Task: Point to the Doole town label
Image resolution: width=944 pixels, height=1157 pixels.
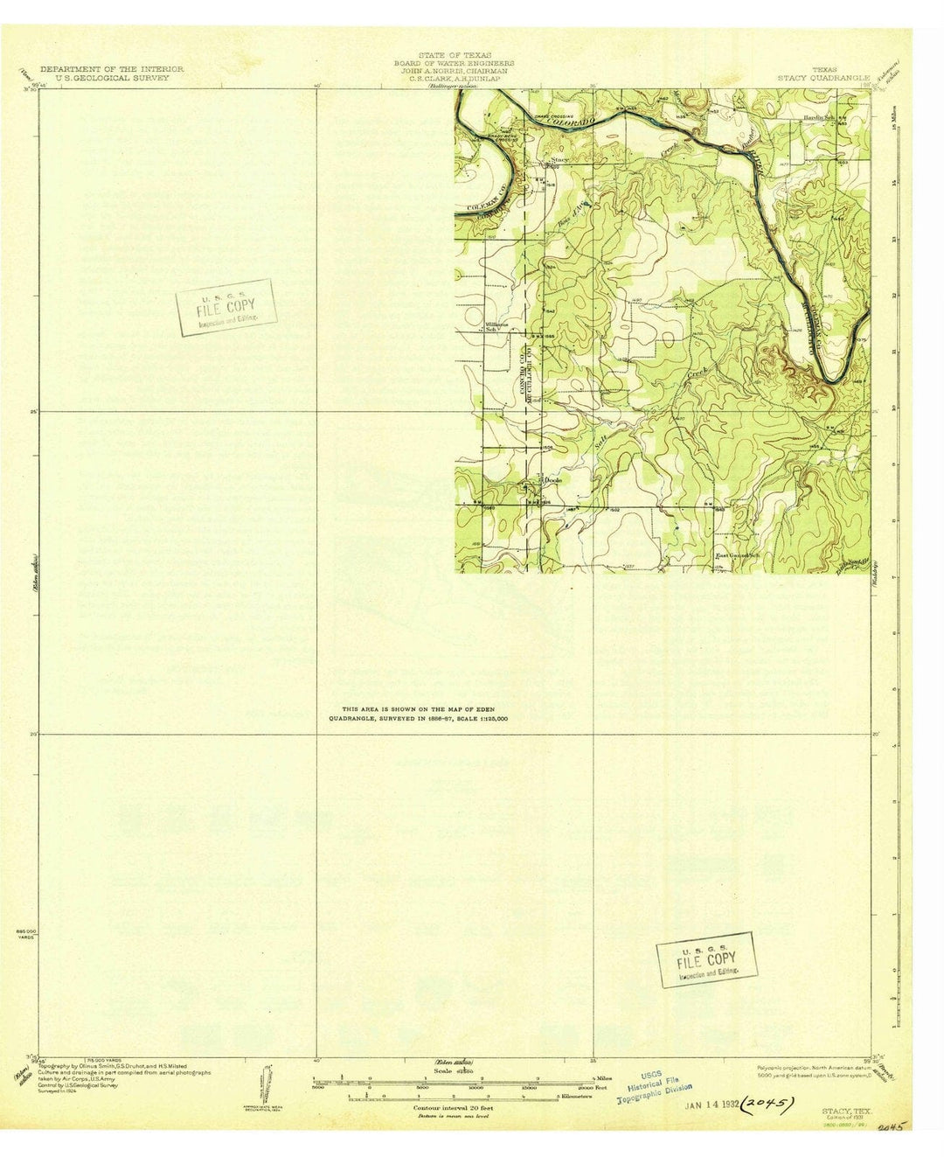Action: click(x=552, y=480)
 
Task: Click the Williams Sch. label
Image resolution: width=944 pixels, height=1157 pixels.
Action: click(x=496, y=326)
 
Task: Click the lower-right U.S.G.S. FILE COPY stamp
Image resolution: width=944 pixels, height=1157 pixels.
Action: click(x=706, y=959)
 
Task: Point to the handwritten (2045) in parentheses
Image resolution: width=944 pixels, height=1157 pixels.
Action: click(x=767, y=1104)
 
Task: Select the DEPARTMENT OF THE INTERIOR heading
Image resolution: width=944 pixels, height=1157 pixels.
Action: click(x=112, y=68)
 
